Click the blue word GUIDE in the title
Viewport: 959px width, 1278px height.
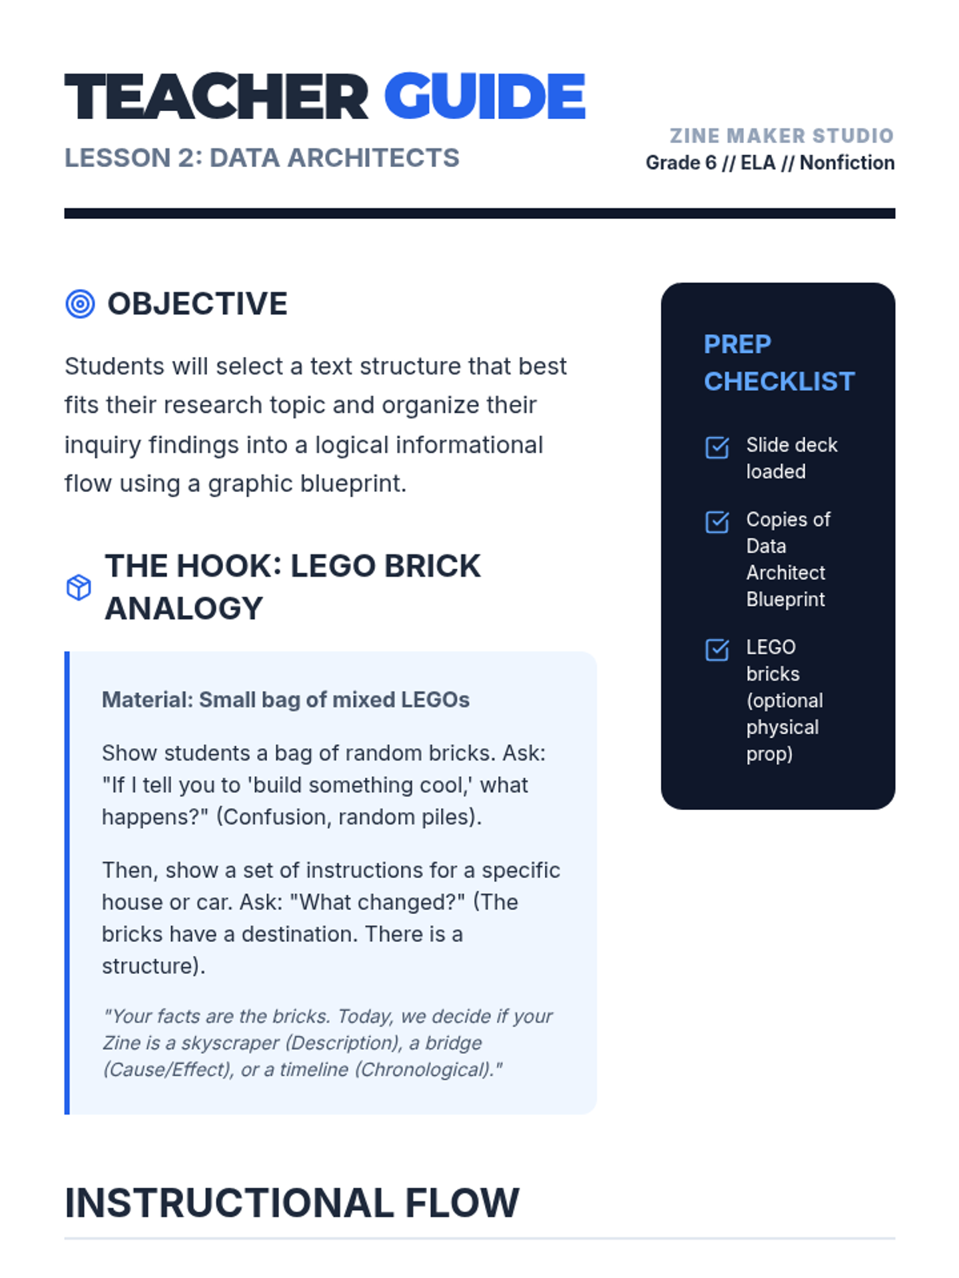484,97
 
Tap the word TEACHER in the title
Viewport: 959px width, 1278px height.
216,97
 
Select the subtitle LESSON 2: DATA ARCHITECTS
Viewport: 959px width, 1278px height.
261,158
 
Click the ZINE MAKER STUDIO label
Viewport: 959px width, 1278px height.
781,136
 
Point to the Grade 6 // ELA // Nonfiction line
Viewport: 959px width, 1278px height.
770,163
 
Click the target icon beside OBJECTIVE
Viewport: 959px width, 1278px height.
80,304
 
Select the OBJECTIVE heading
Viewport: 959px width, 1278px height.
197,304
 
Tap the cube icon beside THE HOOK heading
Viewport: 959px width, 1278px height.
78,587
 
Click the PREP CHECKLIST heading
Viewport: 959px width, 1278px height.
778,363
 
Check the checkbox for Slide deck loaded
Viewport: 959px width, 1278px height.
717,447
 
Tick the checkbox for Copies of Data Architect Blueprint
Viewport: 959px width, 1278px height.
717,522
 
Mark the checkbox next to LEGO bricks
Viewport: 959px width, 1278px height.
717,649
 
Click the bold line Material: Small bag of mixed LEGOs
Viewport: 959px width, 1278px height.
285,700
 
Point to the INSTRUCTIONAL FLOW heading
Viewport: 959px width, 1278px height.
292,1203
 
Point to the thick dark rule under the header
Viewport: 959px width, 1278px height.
479,213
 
